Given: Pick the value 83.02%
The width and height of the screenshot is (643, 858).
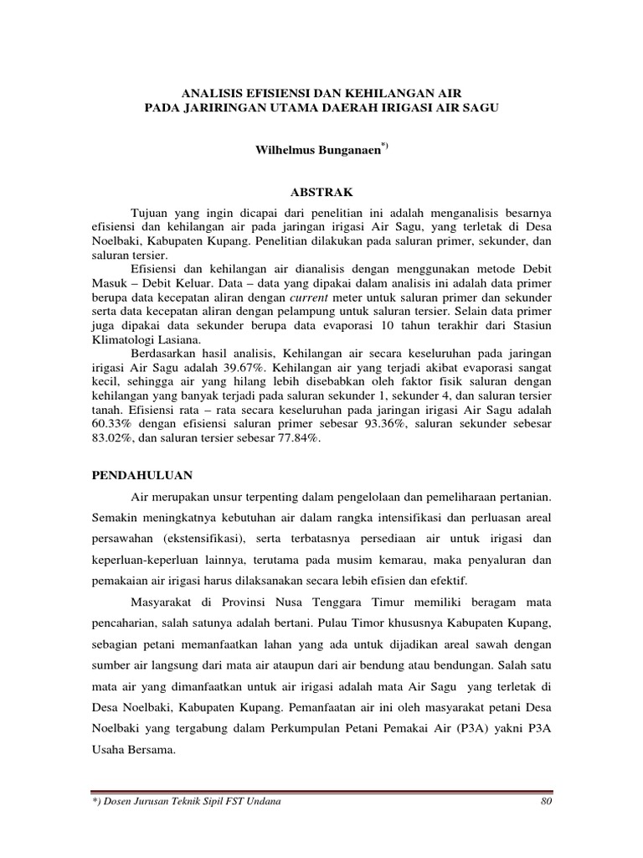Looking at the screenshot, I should tap(111, 437).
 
